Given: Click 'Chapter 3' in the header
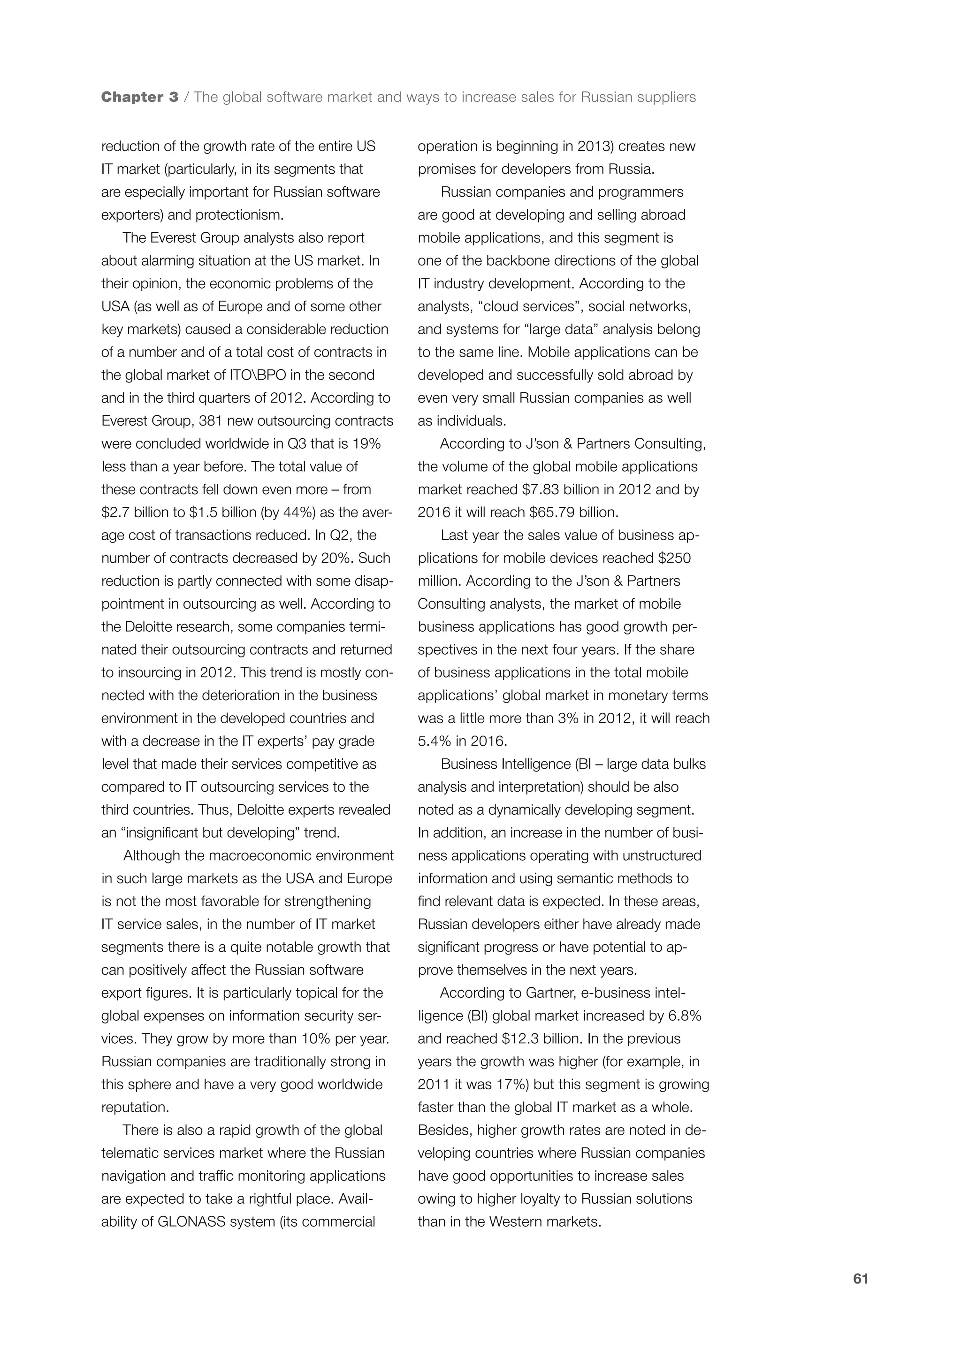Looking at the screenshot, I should click(x=140, y=97).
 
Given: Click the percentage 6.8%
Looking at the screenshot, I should click(x=685, y=1015).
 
